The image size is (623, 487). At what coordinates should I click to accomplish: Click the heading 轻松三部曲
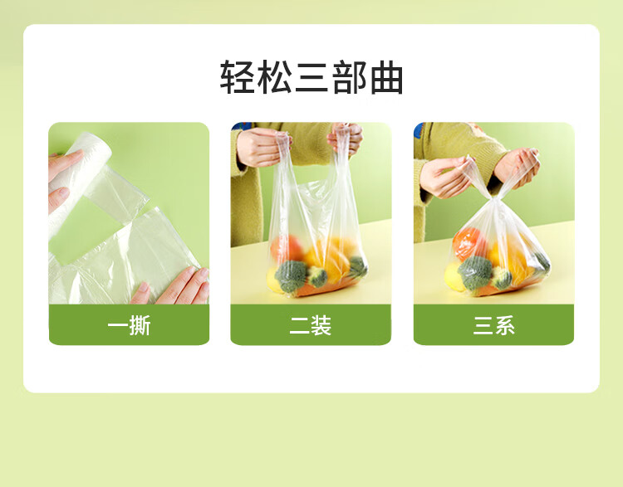311,77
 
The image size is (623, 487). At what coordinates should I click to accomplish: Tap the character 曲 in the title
386,77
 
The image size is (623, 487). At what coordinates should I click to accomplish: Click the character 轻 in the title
238,77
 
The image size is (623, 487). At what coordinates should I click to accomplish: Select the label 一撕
129,326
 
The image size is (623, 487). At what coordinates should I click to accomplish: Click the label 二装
311,326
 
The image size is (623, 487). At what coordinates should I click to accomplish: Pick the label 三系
493,326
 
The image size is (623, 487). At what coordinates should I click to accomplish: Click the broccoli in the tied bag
475,272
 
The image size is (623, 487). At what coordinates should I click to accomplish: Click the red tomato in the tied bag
468,243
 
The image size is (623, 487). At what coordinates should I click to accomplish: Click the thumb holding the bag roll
59,199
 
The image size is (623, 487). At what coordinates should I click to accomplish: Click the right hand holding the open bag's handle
346,138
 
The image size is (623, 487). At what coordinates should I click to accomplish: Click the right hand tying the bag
517,167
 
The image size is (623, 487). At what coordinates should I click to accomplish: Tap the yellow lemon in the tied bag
454,276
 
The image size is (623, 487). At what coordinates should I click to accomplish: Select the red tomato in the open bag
285,248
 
